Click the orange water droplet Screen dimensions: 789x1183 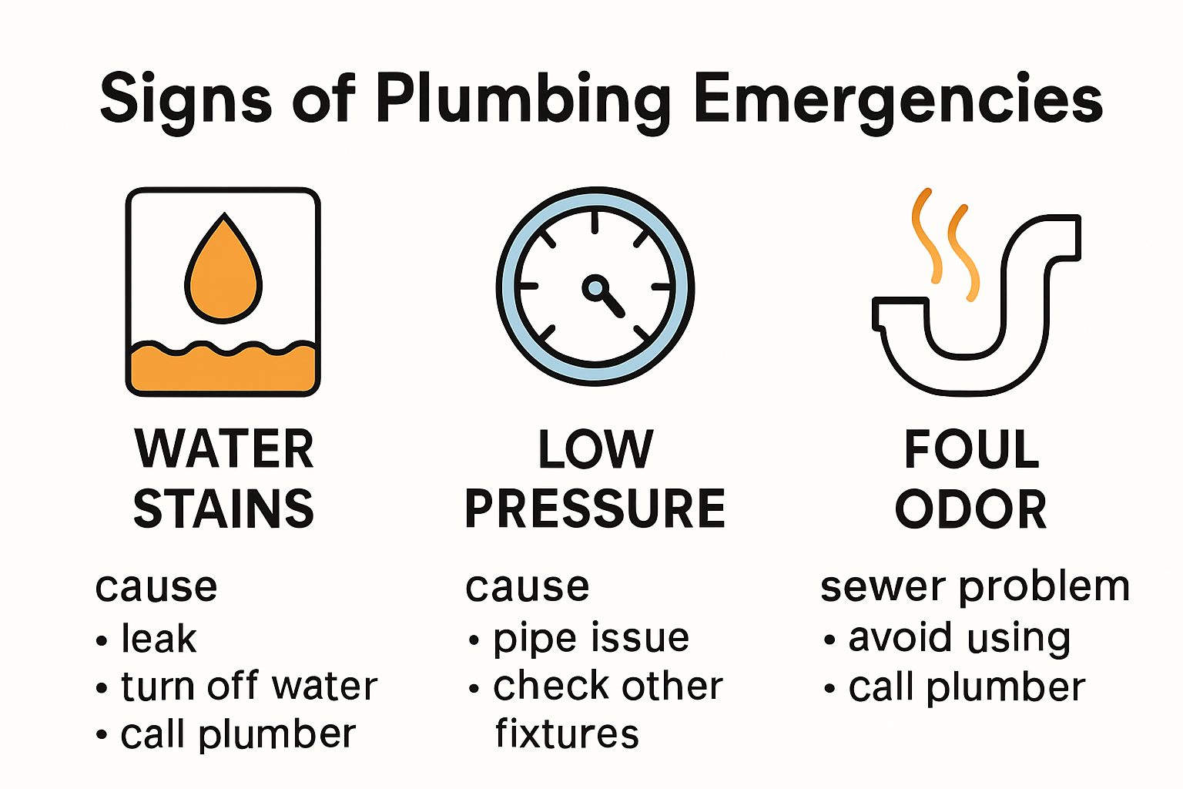[x=223, y=274]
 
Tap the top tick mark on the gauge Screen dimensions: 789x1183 [x=595, y=222]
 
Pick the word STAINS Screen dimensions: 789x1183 [x=223, y=509]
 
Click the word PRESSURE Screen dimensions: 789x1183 [x=595, y=509]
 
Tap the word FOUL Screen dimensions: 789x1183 [x=971, y=449]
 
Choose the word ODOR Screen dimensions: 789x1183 [x=971, y=509]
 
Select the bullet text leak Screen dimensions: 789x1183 [x=159, y=639]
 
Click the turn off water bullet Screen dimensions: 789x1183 [x=249, y=686]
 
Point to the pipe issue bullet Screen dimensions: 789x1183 [x=591, y=639]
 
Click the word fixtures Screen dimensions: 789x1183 [x=567, y=734]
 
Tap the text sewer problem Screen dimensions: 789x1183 [x=975, y=587]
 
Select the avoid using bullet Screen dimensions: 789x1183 [x=959, y=639]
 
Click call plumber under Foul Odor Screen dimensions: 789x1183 [x=967, y=687]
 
